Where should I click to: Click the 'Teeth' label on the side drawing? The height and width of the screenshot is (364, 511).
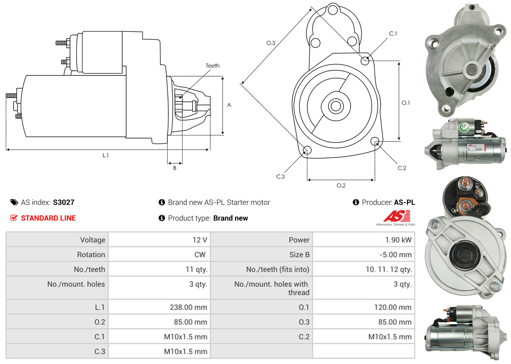pyautogui.click(x=212, y=66)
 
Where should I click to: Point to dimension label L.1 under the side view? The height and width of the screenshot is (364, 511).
pyautogui.click(x=105, y=155)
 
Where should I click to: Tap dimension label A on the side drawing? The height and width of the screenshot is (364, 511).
pyautogui.click(x=229, y=105)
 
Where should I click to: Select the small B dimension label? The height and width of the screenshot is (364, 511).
pyautogui.click(x=175, y=168)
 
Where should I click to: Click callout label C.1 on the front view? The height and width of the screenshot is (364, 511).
pyautogui.click(x=393, y=34)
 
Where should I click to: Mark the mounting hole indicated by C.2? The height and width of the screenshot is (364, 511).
pyautogui.click(x=375, y=141)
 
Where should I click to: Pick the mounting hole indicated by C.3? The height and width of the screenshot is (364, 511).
pyautogui.click(x=307, y=150)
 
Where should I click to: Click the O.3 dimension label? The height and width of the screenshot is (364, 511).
pyautogui.click(x=271, y=43)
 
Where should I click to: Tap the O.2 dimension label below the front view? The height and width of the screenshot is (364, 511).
pyautogui.click(x=341, y=185)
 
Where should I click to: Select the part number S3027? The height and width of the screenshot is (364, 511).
pyautogui.click(x=63, y=202)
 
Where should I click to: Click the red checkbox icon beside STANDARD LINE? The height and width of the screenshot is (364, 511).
pyautogui.click(x=14, y=218)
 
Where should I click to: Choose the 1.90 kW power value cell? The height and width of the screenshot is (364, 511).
pyautogui.click(x=398, y=240)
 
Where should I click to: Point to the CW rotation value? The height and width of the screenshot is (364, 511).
pyautogui.click(x=200, y=255)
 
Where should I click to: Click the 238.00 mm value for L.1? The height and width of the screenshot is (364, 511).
pyautogui.click(x=188, y=307)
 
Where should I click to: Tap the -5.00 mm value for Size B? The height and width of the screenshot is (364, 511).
pyautogui.click(x=395, y=255)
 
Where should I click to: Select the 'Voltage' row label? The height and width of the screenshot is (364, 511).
pyautogui.click(x=93, y=240)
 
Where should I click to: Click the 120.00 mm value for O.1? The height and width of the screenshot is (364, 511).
pyautogui.click(x=393, y=307)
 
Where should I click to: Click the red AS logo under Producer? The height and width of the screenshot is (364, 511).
pyautogui.click(x=396, y=216)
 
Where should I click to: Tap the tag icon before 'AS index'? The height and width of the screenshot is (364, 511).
pyautogui.click(x=14, y=202)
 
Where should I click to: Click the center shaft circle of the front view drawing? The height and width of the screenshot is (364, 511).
pyautogui.click(x=335, y=106)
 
